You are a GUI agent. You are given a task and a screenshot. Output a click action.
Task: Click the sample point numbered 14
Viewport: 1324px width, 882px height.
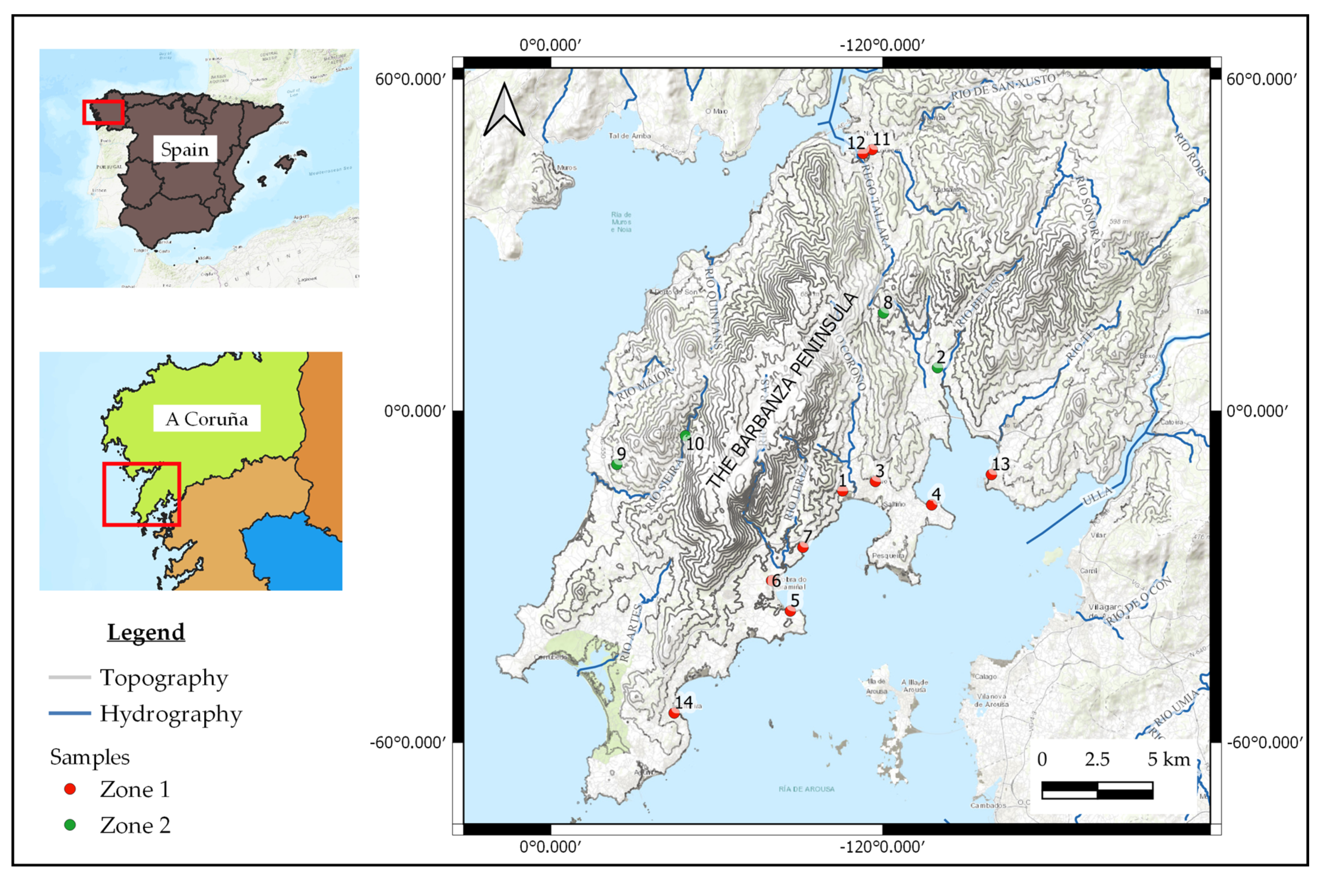(x=674, y=713)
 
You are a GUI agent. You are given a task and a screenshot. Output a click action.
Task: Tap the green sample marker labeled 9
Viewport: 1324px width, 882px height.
(x=617, y=465)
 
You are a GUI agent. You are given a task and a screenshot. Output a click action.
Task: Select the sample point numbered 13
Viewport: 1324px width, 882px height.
(x=991, y=474)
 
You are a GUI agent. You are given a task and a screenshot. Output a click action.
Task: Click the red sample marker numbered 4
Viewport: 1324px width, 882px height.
(x=931, y=504)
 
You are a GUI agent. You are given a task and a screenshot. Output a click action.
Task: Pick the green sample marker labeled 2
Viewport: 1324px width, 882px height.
(x=937, y=367)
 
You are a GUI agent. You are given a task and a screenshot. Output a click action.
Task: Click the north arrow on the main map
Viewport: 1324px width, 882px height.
(x=504, y=111)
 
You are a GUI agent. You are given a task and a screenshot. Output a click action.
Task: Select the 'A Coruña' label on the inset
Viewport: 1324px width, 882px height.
(x=207, y=418)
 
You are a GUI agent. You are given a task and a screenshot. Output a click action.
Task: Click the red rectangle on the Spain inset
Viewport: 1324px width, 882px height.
(x=103, y=112)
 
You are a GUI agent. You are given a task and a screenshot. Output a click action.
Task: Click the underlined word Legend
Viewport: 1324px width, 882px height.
(x=146, y=632)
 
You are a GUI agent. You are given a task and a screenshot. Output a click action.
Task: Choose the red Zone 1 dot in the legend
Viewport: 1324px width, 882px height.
(x=70, y=789)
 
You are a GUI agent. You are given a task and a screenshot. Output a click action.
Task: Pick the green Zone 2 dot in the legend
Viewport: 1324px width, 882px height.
(x=70, y=825)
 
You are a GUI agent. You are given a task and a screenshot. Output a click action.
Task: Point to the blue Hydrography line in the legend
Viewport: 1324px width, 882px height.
(x=70, y=713)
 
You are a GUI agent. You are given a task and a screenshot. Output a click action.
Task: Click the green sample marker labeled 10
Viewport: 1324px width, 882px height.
(x=685, y=435)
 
